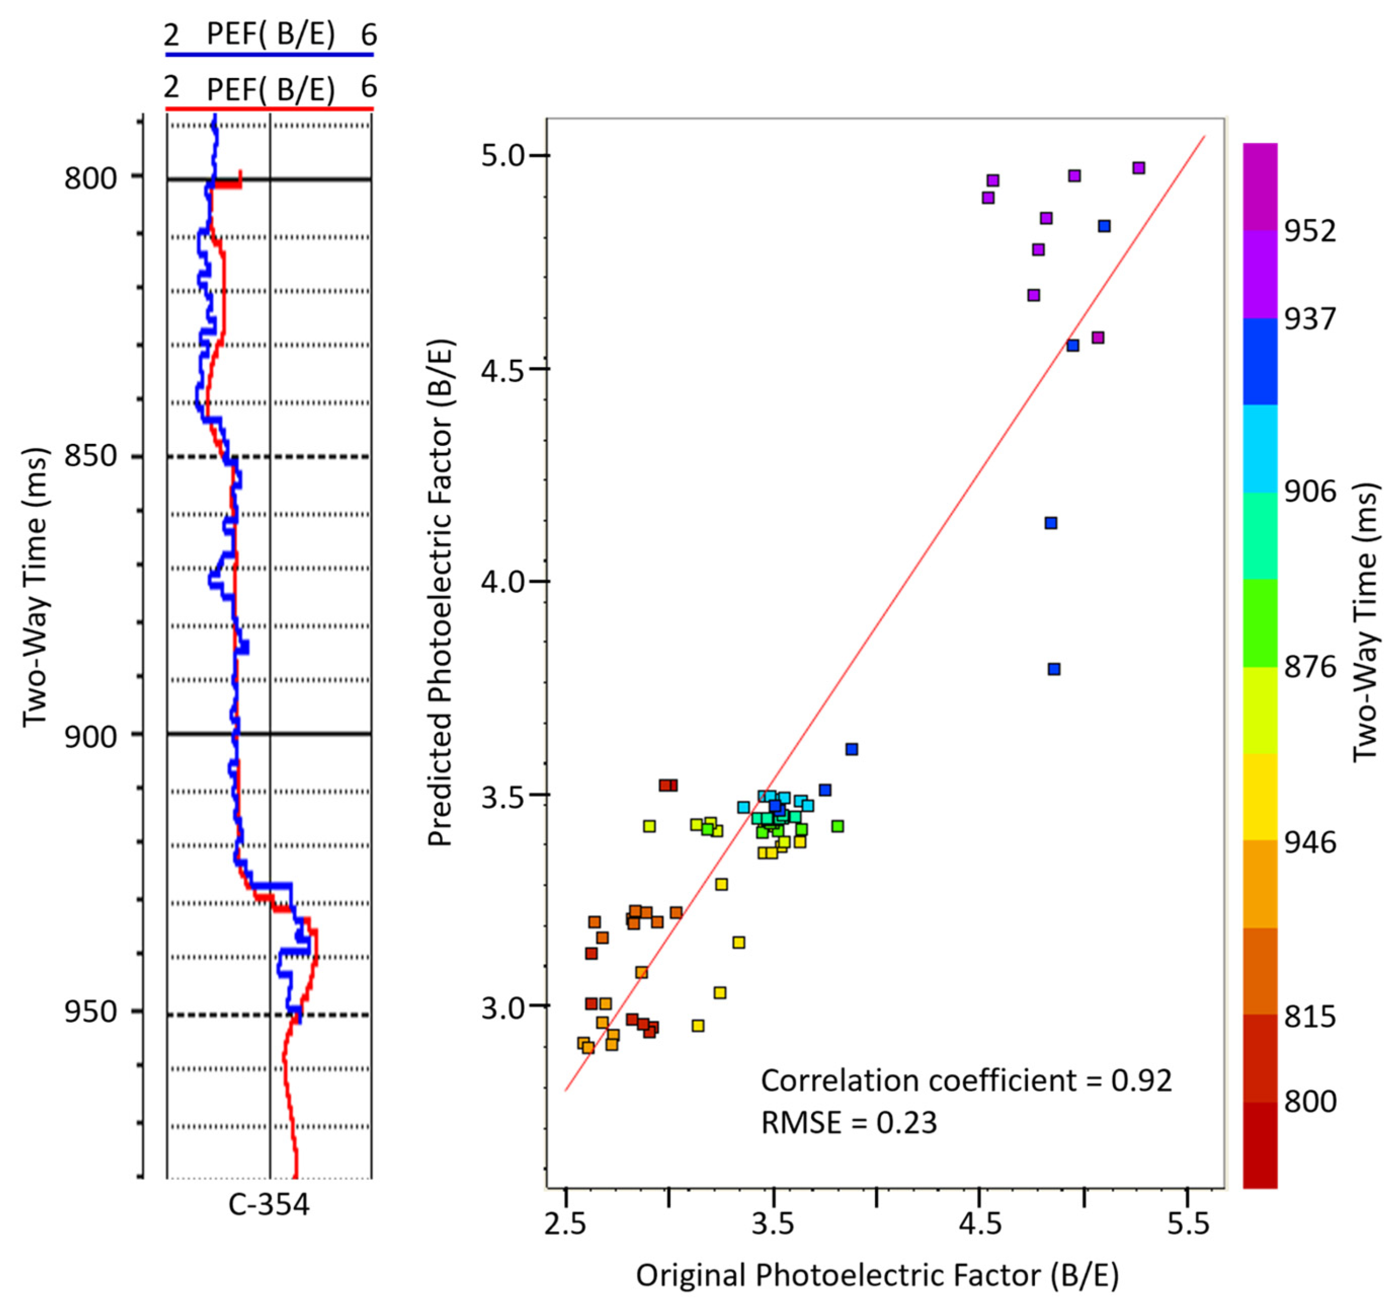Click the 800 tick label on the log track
click(x=91, y=178)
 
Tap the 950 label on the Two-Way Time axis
click(x=91, y=1011)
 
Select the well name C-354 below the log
click(x=269, y=1204)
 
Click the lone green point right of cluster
click(x=837, y=826)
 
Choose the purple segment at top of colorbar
click(x=1260, y=186)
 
